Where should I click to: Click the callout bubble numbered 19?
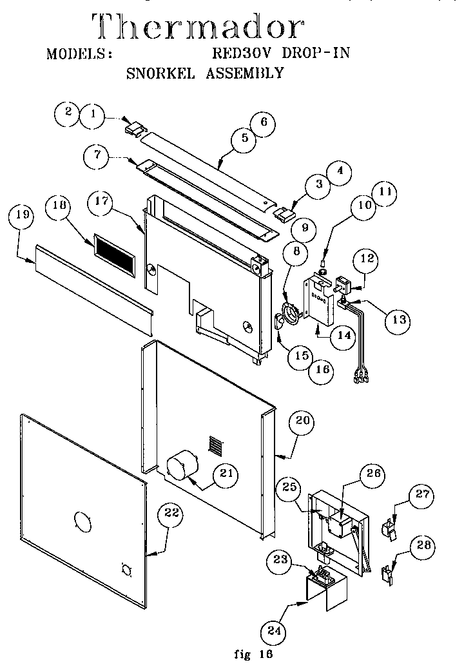pyautogui.click(x=22, y=217)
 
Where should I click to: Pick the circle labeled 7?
pyautogui.click(x=97, y=155)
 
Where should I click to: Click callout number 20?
pyautogui.click(x=303, y=422)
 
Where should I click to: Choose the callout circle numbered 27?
pyautogui.click(x=422, y=495)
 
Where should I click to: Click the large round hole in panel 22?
pyautogui.click(x=84, y=520)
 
